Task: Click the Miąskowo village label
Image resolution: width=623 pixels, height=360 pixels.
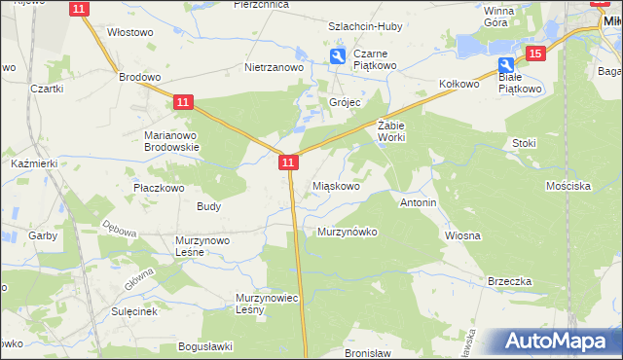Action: tap(337, 185)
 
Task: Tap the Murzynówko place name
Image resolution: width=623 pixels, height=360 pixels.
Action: tap(347, 232)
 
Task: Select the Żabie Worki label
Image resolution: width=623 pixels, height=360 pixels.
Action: tap(390, 131)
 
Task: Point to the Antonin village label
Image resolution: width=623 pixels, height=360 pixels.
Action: tap(418, 202)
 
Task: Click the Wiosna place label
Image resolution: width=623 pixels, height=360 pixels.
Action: tap(462, 235)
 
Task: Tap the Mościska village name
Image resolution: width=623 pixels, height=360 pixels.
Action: tap(568, 185)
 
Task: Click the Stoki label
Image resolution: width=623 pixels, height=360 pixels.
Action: tap(524, 142)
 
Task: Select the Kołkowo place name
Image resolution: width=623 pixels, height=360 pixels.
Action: tap(460, 84)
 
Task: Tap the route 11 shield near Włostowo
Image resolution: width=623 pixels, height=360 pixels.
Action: tap(81, 8)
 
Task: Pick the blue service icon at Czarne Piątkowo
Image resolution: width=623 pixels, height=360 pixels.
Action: tap(337, 56)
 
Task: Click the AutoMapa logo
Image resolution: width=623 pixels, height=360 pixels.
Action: tap(555, 342)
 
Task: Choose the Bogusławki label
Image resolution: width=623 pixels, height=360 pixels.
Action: tap(203, 345)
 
